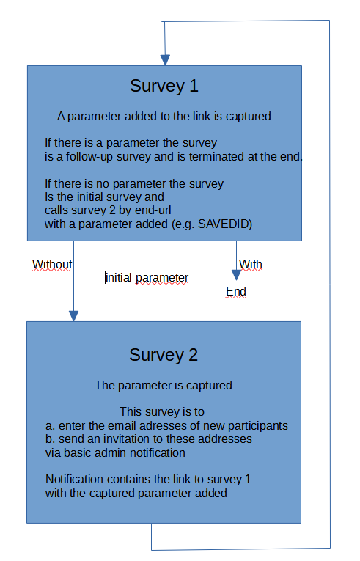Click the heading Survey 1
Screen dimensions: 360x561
pos(164,87)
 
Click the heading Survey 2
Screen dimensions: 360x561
pos(164,355)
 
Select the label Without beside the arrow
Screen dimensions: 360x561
pos(52,265)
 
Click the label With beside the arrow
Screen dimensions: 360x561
pos(251,265)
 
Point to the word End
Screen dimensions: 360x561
pos(236,292)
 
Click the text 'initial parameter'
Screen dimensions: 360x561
pos(147,278)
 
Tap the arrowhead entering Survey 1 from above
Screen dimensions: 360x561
pos(165,60)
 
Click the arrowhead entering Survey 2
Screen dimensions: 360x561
pos(74,316)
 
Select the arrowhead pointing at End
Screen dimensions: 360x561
pos(236,275)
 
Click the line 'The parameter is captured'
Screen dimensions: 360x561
pos(164,385)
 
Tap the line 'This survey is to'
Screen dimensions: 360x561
pos(162,412)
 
